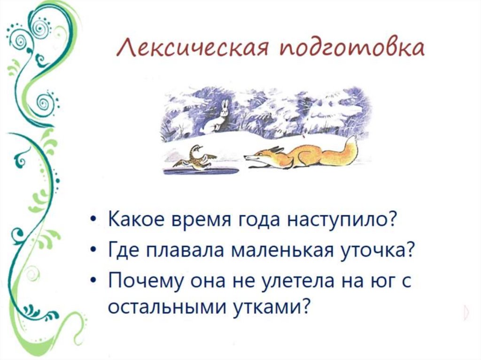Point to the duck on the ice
(194, 157)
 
